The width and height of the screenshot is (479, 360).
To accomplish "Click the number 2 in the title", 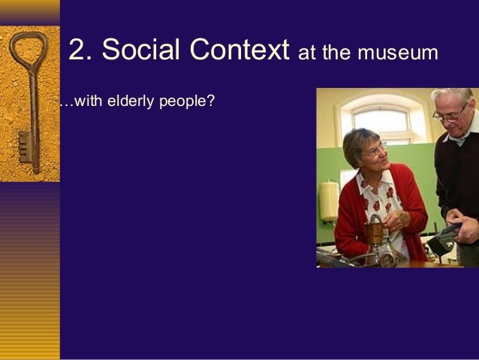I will [77, 50].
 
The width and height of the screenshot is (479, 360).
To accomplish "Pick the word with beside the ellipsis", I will [89, 101].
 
